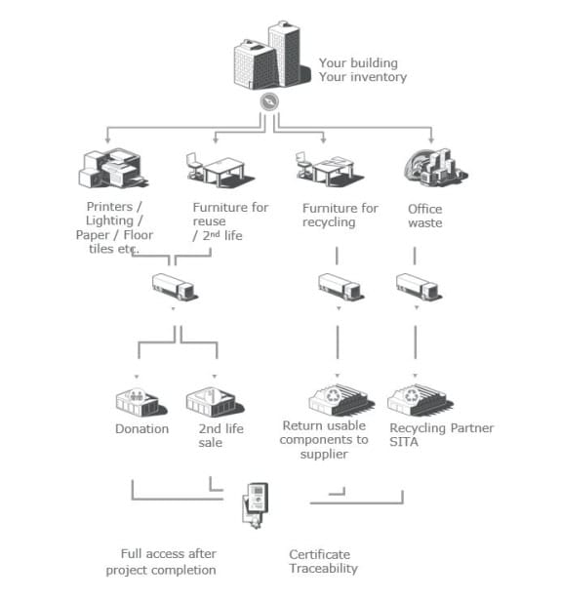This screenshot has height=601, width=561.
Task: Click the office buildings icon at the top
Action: [x=272, y=56]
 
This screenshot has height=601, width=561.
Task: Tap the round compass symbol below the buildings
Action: [x=269, y=101]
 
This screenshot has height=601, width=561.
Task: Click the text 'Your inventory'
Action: [x=363, y=77]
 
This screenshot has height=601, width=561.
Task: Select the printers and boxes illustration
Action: [x=113, y=168]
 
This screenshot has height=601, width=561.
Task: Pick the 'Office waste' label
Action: [x=425, y=216]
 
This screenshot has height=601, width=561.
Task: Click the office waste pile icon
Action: [x=436, y=167]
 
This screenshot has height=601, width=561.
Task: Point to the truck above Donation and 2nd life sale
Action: [x=175, y=287]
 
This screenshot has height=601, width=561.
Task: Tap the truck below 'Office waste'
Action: [x=419, y=286]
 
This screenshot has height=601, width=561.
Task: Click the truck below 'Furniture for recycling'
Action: [x=341, y=286]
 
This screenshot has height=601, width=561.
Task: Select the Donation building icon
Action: [x=141, y=402]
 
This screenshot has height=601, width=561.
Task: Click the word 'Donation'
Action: [x=141, y=429]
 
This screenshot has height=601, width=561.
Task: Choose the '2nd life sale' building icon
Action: [x=215, y=402]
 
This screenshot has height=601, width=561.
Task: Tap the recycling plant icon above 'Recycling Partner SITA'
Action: [x=420, y=400]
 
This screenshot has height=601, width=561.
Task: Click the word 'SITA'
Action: [x=404, y=442]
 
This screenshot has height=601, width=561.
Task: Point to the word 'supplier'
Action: [x=324, y=455]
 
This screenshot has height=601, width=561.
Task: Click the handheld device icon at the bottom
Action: [x=256, y=505]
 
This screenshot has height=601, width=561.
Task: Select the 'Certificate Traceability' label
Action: [x=323, y=562]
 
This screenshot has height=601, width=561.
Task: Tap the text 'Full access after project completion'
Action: [x=161, y=562]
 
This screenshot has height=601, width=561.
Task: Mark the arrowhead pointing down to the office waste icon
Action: [x=431, y=140]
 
